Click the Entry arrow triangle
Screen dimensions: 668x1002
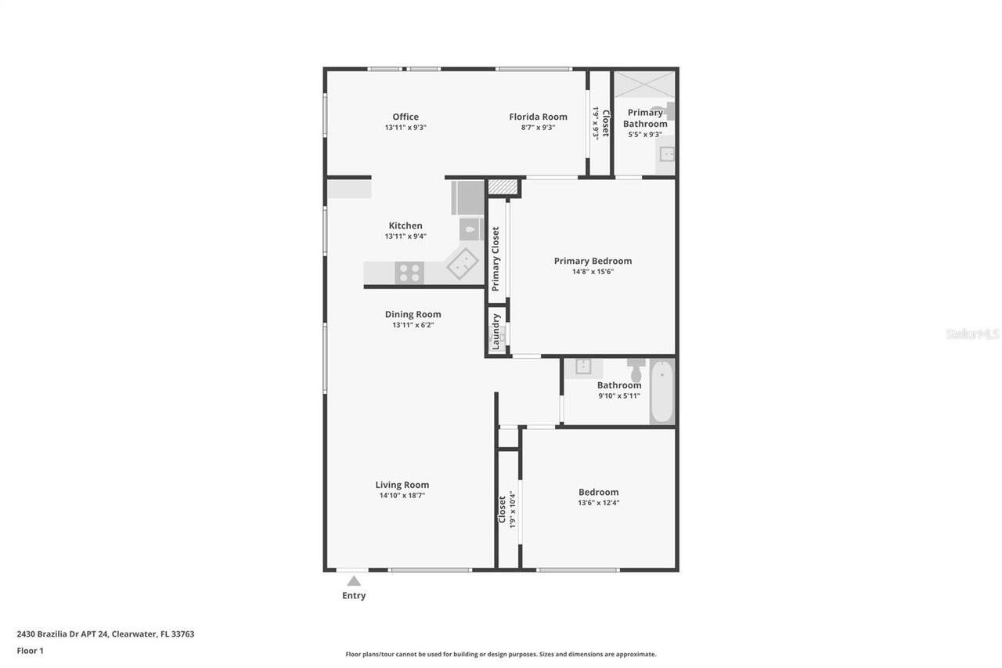(x=354, y=581)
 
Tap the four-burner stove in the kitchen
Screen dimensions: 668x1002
(x=409, y=273)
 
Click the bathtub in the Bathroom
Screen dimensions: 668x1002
(x=661, y=392)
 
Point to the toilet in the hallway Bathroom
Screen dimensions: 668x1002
(x=636, y=370)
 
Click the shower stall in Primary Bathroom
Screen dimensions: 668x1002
(x=644, y=85)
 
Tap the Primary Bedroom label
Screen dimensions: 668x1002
(x=593, y=262)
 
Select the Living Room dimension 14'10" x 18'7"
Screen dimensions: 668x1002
(x=402, y=496)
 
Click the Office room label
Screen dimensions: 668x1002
(x=405, y=117)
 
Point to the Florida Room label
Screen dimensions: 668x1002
(x=538, y=117)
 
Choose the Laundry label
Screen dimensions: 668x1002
(x=496, y=331)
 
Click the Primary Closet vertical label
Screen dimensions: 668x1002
(x=496, y=259)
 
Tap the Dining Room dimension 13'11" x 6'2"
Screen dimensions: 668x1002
(x=413, y=325)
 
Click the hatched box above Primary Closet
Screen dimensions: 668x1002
(x=503, y=187)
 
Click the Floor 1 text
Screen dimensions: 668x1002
(x=31, y=651)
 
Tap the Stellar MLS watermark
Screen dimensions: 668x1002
(x=972, y=334)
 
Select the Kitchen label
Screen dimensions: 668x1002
(x=405, y=226)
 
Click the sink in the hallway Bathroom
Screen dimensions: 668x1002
(x=583, y=366)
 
